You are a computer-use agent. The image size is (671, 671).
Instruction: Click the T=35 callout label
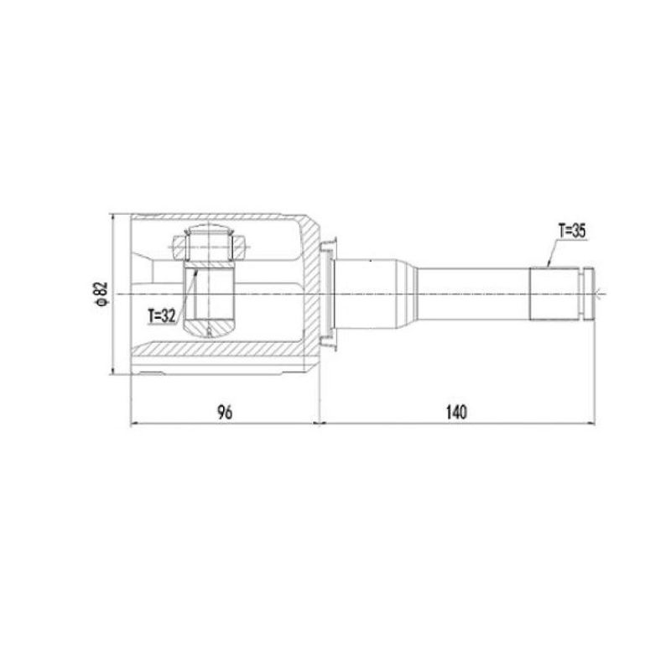[x=572, y=231]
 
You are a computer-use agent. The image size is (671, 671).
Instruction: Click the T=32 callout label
[x=162, y=316]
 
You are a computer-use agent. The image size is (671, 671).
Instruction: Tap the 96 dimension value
[x=225, y=413]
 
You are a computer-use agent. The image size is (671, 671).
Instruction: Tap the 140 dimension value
[x=456, y=413]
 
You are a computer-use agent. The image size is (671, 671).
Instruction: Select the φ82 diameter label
[x=101, y=294]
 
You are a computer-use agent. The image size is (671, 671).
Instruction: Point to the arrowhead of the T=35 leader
[x=548, y=265]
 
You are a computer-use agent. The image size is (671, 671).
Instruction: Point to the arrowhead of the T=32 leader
[x=196, y=271]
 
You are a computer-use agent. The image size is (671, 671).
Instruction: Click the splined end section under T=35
[x=554, y=294]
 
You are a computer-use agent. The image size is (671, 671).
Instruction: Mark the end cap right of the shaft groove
[x=590, y=294]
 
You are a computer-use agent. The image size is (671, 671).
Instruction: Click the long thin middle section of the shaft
[x=474, y=294]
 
